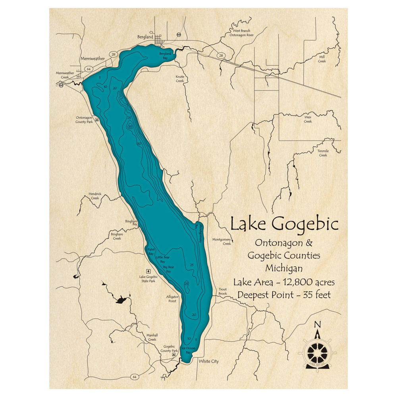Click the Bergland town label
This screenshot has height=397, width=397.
click(x=145, y=37)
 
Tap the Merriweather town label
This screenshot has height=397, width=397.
click(x=93, y=58)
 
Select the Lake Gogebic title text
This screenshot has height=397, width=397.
click(x=284, y=224)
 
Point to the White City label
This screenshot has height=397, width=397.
click(x=209, y=361)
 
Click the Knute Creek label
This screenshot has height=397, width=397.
click(x=180, y=79)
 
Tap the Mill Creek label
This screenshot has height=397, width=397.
click(x=322, y=59)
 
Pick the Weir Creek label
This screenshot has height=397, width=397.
click(x=308, y=119)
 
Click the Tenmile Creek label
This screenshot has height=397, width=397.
click(x=323, y=153)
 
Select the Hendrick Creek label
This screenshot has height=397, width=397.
click(x=95, y=196)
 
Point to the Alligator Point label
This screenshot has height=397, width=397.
click(x=172, y=299)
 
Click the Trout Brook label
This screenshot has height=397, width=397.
click(x=222, y=291)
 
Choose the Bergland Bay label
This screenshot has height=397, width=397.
click(x=165, y=55)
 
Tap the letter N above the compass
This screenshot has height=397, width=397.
click(x=317, y=324)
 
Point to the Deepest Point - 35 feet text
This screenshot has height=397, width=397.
click(x=284, y=295)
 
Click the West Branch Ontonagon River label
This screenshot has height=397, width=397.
click(x=241, y=33)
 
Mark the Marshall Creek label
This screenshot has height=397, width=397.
click(x=152, y=337)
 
